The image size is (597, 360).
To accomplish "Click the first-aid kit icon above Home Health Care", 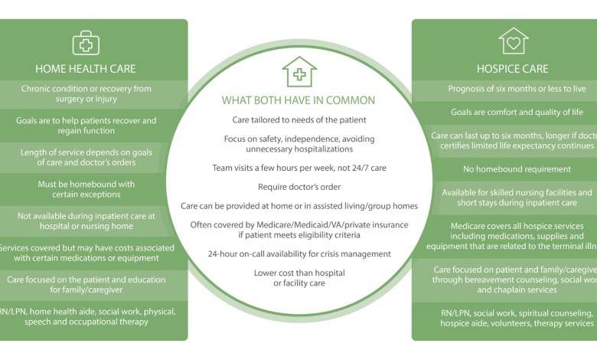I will click(x=86, y=42).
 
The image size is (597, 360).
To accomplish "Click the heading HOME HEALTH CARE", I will click(x=86, y=68).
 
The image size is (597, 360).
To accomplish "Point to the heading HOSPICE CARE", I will click(x=514, y=68).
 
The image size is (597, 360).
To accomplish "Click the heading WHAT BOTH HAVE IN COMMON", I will click(x=298, y=100).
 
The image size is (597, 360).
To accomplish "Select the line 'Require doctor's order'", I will click(x=298, y=186).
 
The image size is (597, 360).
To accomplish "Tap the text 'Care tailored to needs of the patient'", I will click(x=298, y=120).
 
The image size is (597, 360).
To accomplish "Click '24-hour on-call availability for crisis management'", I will click(x=298, y=254).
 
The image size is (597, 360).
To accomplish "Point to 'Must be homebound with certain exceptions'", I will click(x=86, y=189).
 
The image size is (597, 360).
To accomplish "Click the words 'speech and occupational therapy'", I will click(x=86, y=322).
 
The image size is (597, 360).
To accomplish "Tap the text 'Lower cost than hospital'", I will click(x=298, y=273).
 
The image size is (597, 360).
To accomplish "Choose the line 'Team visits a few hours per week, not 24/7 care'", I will click(x=298, y=168).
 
